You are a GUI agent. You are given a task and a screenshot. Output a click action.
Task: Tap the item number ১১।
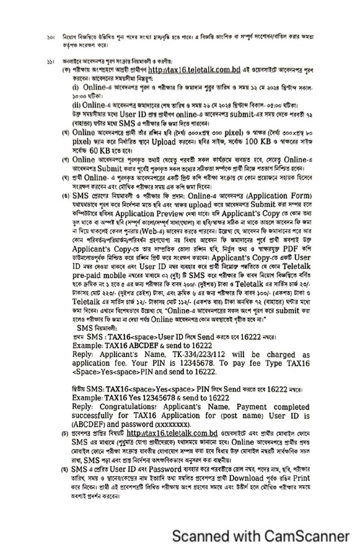[49, 60]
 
